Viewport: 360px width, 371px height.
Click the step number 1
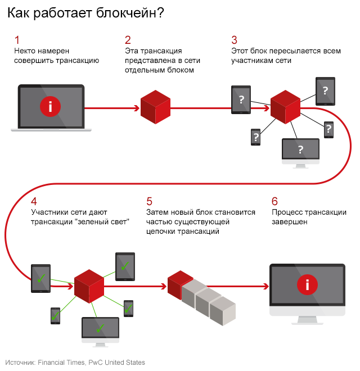[17, 40]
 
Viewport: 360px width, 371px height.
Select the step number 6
[274, 201]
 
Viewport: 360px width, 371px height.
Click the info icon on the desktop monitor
[307, 284]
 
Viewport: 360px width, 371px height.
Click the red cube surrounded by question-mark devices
[285, 107]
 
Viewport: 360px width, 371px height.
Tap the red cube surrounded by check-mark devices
[89, 286]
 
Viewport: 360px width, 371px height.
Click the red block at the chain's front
[179, 283]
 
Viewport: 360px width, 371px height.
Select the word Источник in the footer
[20, 363]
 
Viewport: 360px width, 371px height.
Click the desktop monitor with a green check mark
[100, 328]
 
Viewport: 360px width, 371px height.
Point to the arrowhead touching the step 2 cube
[137, 107]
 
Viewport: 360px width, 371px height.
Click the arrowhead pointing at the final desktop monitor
[264, 285]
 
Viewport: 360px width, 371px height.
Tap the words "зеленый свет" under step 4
[106, 222]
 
